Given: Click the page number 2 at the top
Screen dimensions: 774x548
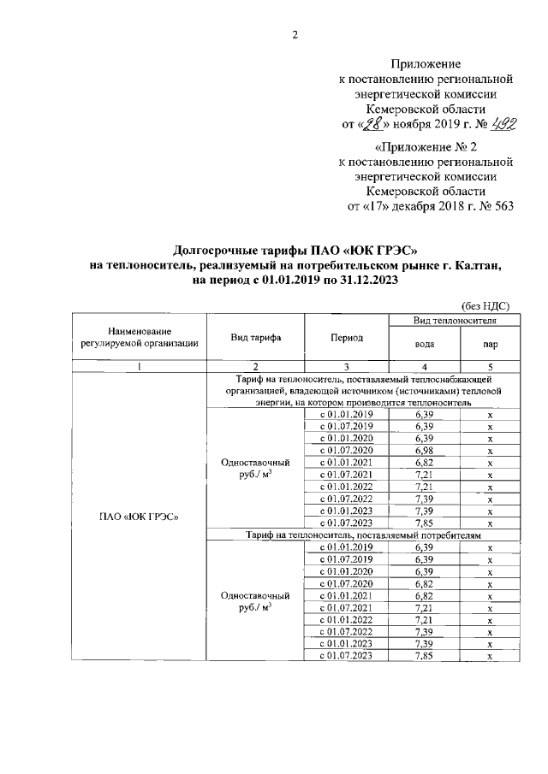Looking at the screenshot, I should point(295,34).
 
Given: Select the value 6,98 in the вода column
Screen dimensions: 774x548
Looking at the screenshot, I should point(424,450).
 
